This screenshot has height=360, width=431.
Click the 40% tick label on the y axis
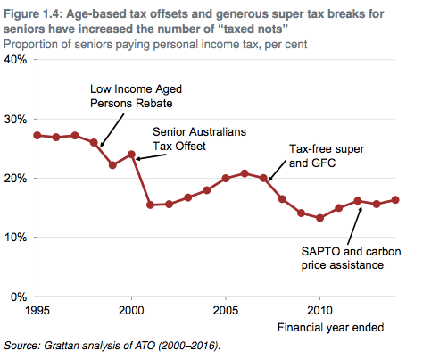[x=16, y=60]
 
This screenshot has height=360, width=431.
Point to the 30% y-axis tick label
[x=16, y=119]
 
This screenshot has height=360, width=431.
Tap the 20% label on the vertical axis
[x=16, y=178]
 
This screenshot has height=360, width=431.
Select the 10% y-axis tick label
[x=16, y=238]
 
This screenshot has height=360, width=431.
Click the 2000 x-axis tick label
[x=131, y=309]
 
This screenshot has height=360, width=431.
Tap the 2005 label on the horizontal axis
[x=226, y=309]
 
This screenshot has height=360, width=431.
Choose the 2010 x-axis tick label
[x=319, y=309]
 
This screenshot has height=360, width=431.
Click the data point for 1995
[x=37, y=135]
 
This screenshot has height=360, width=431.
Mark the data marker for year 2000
[x=131, y=155]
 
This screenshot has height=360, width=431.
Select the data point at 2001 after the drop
[x=150, y=205]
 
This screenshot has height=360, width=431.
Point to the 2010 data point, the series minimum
[x=319, y=218]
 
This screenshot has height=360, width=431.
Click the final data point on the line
[x=395, y=200]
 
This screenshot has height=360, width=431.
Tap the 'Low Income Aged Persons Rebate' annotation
[x=130, y=96]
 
